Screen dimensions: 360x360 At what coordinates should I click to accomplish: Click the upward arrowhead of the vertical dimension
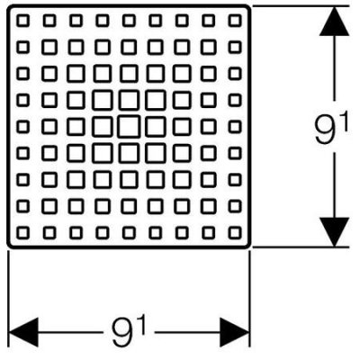334,22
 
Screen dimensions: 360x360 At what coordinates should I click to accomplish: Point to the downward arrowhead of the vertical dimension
334,232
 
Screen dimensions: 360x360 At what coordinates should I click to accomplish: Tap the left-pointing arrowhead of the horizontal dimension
23,332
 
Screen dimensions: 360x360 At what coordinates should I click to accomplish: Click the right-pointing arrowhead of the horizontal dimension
235,332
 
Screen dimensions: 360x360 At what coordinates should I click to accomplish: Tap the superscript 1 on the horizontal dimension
142,325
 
